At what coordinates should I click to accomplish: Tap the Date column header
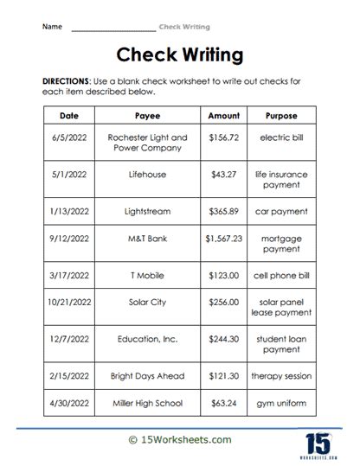click(70, 115)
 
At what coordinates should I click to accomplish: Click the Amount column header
click(224, 115)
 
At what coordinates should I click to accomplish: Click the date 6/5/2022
click(70, 137)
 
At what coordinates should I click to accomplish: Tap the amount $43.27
click(224, 174)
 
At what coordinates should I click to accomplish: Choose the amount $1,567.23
click(224, 240)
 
